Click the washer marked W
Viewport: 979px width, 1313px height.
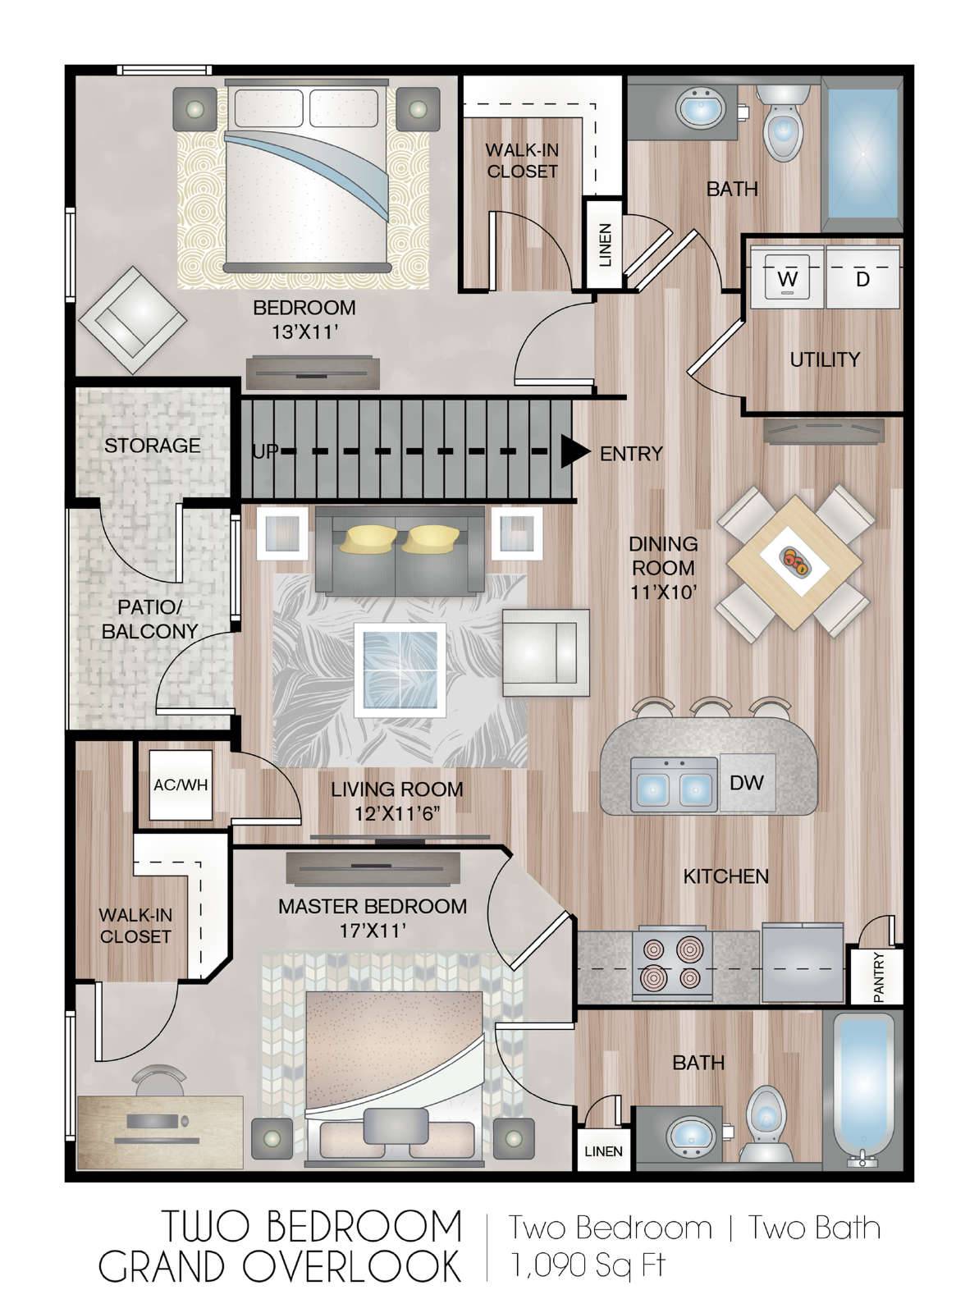(x=787, y=277)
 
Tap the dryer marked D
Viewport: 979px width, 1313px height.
(x=862, y=277)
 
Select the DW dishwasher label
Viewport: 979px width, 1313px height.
(x=747, y=782)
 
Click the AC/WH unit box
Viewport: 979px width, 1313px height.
(x=181, y=785)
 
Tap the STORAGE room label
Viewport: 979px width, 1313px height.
(x=153, y=446)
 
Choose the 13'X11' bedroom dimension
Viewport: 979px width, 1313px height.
(x=305, y=332)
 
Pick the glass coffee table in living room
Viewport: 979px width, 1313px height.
(x=400, y=670)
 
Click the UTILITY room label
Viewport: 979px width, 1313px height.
(x=825, y=359)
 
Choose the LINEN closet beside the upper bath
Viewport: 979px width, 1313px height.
(x=605, y=245)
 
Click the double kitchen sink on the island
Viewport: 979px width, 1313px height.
(x=675, y=784)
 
